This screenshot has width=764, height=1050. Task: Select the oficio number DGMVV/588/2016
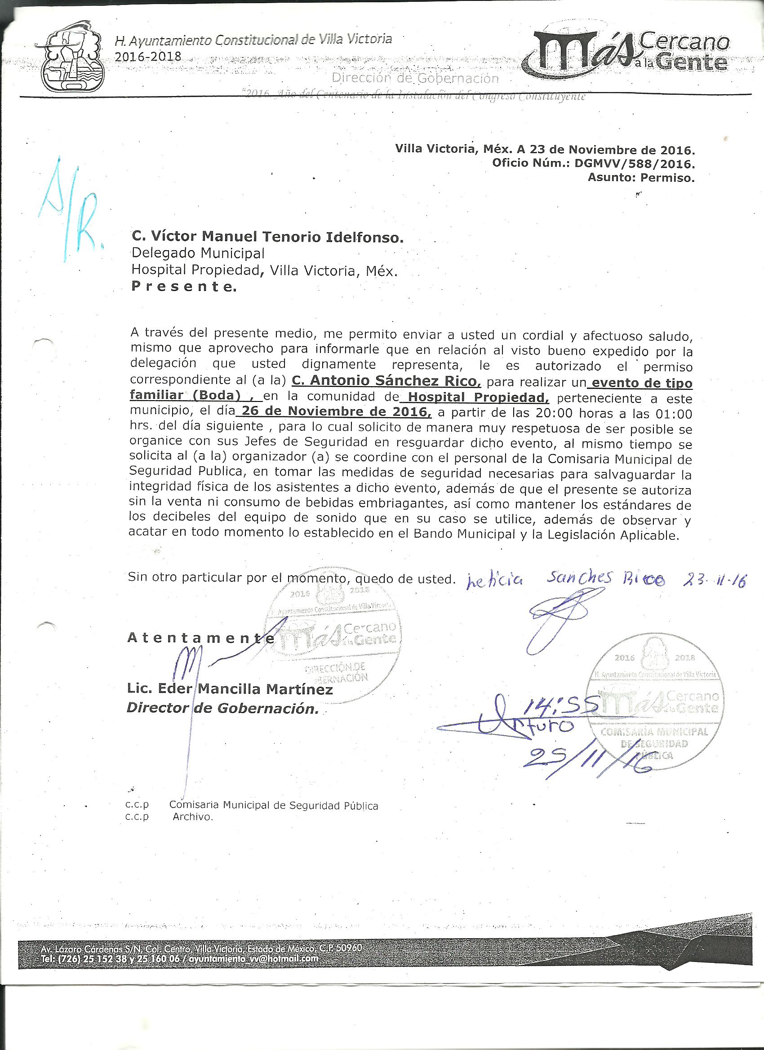coord(635,163)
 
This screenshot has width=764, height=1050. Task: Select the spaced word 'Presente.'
coord(184,287)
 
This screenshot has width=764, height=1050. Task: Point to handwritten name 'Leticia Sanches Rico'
coord(565,579)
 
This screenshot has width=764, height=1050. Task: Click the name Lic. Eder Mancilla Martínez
coord(230,689)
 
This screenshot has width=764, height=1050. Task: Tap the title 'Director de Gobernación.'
coord(222,708)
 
